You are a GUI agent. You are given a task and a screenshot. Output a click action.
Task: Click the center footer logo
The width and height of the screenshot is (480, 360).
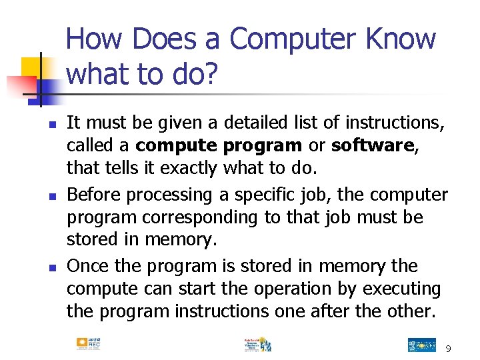[257, 344]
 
